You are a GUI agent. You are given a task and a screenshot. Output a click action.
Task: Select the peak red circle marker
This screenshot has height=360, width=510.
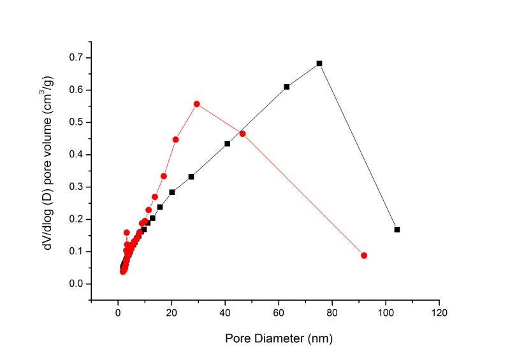pos(196,104)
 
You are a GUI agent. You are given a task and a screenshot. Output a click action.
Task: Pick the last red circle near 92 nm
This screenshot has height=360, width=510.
pos(364,256)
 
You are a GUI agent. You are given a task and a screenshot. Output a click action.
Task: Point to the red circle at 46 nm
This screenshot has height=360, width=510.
pos(242,134)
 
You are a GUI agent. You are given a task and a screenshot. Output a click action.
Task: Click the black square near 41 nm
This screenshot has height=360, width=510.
pos(227,143)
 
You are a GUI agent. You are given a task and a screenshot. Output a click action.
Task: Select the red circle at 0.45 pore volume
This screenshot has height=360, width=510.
pos(175,140)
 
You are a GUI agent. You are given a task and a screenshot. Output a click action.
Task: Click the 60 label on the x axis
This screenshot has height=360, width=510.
pos(279,313)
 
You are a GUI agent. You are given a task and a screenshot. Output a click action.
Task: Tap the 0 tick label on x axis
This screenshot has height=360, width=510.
pos(118,313)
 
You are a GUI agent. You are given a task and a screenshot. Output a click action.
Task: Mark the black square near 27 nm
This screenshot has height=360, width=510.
pos(191,176)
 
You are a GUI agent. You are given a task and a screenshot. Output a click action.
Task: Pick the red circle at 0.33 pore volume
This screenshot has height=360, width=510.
pos(164,176)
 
